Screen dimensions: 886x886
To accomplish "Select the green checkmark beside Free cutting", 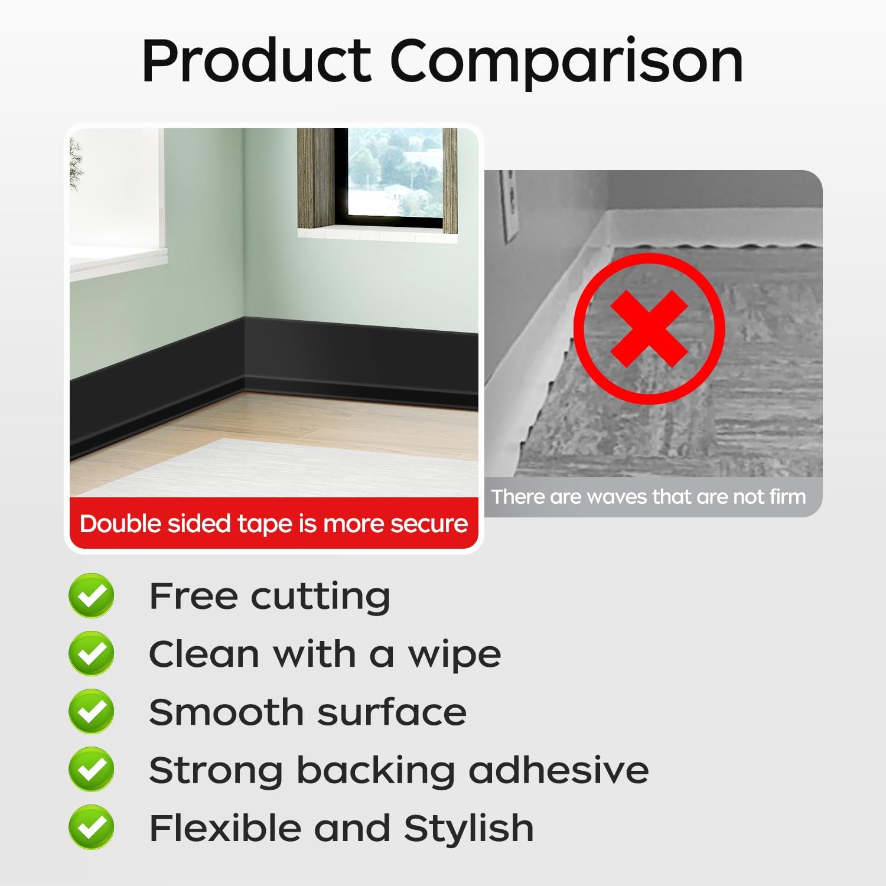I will click(x=92, y=595).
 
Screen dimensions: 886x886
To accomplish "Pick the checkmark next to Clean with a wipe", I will click(x=92, y=653).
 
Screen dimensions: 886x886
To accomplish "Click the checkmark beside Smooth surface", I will click(x=92, y=711).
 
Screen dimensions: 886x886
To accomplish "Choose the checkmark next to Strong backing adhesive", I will click(x=92, y=769).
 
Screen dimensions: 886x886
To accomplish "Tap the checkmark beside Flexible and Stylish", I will click(x=92, y=827).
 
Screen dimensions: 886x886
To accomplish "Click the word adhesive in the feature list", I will click(x=558, y=770).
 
